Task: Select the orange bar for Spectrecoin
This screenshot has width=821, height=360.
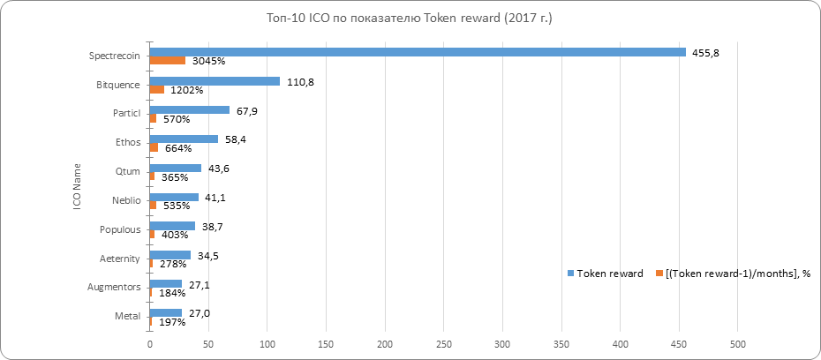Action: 167,61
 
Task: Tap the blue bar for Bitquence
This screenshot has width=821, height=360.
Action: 215,81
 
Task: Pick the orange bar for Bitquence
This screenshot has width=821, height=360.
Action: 157,90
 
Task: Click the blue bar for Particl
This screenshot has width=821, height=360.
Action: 189,110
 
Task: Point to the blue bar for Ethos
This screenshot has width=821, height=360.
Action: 184,139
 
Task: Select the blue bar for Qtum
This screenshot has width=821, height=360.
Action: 175,168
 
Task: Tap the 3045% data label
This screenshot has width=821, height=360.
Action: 210,62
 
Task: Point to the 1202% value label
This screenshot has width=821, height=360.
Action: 187,90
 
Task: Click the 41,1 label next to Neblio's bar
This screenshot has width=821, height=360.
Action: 215,197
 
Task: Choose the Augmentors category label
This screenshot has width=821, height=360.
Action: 113,288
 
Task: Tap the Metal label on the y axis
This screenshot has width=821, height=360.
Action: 125,317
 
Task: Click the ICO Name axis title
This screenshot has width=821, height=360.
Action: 77,184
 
